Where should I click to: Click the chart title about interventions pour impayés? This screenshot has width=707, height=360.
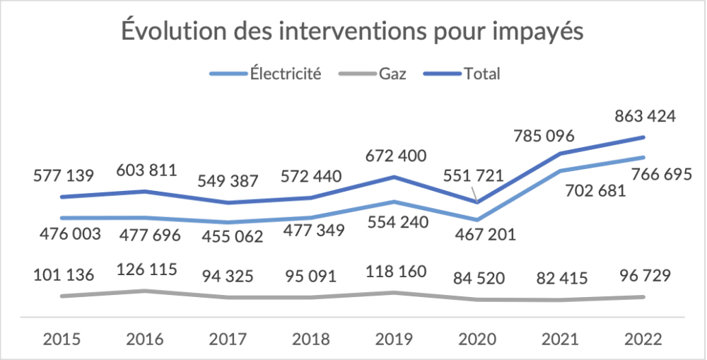pos(353,33)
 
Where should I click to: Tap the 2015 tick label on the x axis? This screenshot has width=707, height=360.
pos(62,338)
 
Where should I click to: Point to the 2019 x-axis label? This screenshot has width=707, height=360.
pos(394,338)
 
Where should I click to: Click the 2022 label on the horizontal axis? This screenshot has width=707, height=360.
pos(643,338)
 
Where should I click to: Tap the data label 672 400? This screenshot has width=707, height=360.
pos(394,154)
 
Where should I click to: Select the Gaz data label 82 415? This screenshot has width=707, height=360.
pos(559,277)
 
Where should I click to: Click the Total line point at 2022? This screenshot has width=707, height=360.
pos(643,137)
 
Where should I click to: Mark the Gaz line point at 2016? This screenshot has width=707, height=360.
pos(145,291)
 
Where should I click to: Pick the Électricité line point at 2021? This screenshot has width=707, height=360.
pos(560,170)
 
